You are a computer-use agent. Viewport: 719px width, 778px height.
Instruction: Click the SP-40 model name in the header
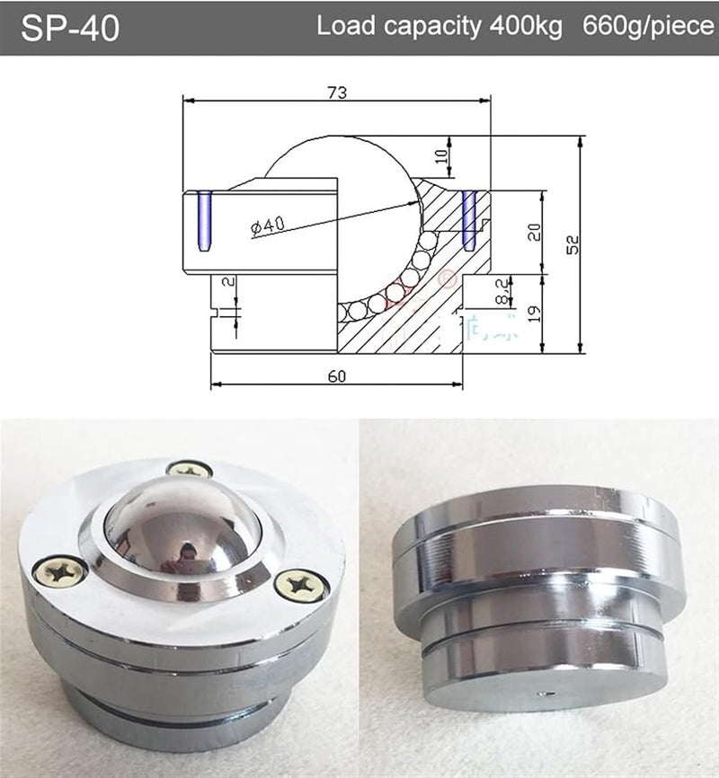pos(70,27)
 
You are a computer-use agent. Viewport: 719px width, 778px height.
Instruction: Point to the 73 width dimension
pos(337,92)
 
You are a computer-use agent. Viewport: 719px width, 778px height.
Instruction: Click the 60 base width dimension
pos(337,376)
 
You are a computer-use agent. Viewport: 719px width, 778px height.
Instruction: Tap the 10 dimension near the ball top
pos(439,155)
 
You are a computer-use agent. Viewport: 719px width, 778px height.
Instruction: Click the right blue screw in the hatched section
pos(468,218)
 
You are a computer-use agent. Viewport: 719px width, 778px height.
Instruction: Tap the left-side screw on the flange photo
pos(59,568)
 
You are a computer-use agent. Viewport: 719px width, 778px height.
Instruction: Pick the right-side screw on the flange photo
pos(296,585)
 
